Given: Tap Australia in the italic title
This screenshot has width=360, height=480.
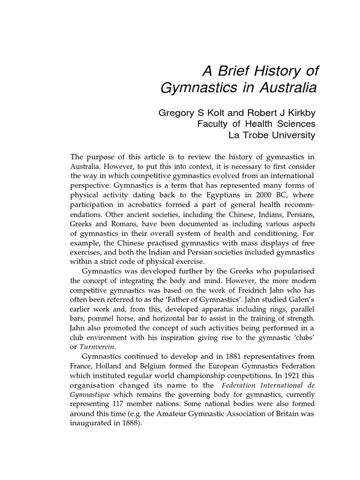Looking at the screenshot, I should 283,88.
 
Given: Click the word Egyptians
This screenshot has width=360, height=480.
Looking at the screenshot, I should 222,194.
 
